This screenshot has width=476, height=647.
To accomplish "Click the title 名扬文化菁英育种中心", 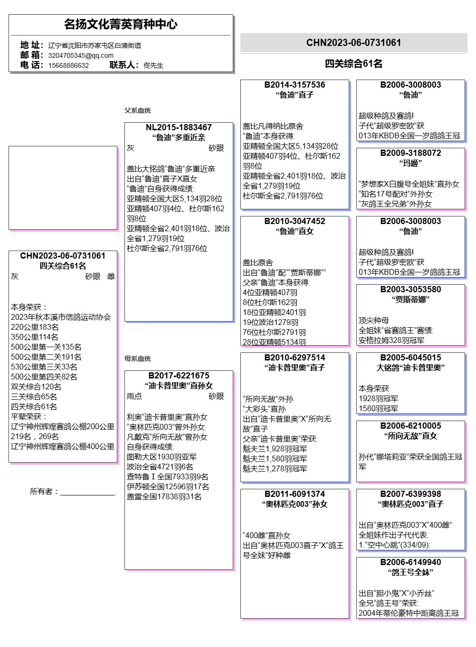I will pos(121,24).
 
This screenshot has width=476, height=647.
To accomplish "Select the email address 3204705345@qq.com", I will pos(80,55).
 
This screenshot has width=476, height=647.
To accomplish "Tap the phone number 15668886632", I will pos(68,65).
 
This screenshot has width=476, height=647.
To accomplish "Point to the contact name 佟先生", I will pos(153,65).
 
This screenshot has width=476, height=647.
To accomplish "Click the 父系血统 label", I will pos(137,110).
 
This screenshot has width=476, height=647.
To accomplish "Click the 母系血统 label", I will pos(137,359).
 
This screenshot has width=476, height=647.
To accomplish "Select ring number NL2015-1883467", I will pos(178,127).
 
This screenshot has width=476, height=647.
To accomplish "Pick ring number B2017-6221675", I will pos(178,376).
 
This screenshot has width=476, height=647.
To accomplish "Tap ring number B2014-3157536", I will pos(294,85).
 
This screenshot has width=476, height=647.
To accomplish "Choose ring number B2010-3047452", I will pos(294,221).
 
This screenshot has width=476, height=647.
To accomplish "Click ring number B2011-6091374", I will pos(294,494).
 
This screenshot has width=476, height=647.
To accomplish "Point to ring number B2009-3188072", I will pos(410,153).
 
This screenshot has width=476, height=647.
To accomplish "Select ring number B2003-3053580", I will pos(410,289).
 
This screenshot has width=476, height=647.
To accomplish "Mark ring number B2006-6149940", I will pos(410,562).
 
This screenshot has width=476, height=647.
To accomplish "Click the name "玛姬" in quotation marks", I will pos(410,163).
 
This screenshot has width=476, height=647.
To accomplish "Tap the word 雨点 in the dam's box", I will pos(134,396).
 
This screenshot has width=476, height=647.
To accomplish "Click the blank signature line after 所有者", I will pos(88,493).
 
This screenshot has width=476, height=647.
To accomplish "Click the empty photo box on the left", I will pos(63,188).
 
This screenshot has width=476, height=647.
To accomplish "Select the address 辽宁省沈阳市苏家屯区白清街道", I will pos(94,45).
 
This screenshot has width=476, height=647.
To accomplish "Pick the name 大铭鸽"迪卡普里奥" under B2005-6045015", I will pos(410,368).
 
